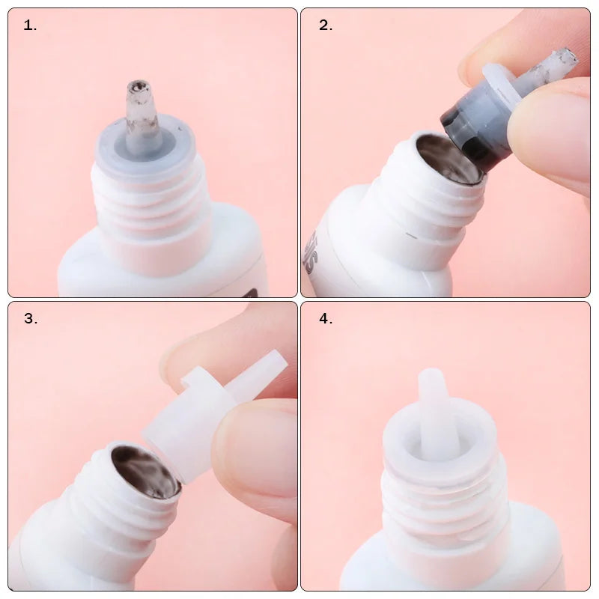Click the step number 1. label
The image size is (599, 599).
[30, 25]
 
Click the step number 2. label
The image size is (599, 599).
[326, 25]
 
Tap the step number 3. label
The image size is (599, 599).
[31, 319]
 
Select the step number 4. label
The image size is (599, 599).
[326, 319]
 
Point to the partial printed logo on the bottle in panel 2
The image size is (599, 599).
[310, 251]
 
